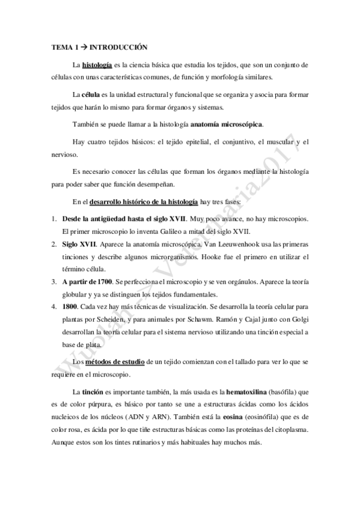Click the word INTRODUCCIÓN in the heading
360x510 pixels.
tap(115, 46)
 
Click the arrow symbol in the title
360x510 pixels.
tap(77, 46)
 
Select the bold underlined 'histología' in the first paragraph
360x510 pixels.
tap(96, 64)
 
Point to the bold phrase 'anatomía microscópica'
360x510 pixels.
tap(227, 124)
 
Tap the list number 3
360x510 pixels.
tap(53, 282)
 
